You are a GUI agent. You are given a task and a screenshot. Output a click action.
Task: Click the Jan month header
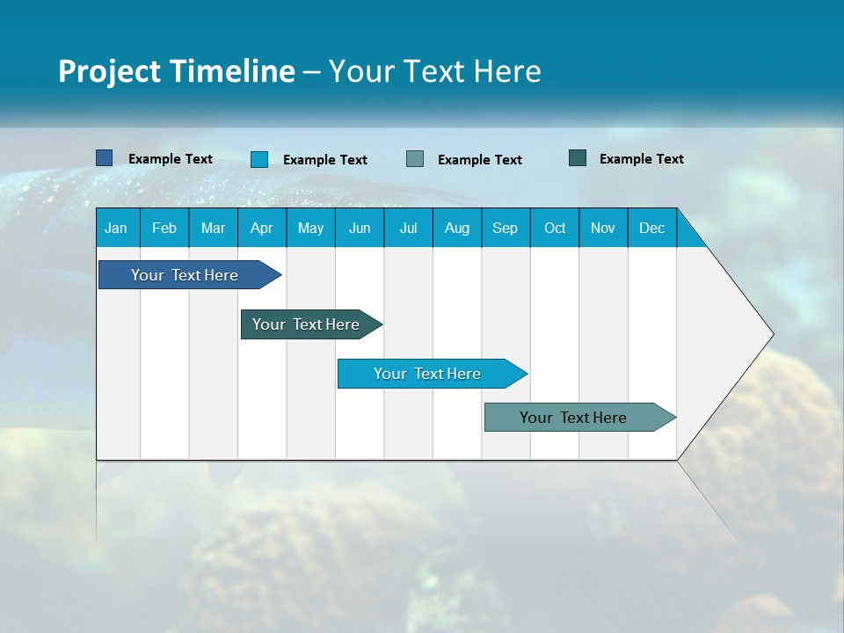116,229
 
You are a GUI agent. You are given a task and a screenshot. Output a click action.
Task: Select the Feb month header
164,229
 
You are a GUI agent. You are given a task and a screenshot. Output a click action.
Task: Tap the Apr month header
261,229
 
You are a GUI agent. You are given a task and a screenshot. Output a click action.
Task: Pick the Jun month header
360,229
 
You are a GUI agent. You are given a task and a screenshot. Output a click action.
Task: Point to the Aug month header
456,229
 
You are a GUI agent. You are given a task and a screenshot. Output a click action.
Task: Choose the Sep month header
505,229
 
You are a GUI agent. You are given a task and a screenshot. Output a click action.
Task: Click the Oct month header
555,229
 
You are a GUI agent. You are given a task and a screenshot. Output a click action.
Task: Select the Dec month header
651,229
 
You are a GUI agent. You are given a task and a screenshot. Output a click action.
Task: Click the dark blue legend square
105,158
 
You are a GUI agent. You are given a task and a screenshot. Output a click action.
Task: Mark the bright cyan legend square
259,159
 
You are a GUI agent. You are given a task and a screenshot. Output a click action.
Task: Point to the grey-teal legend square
415,159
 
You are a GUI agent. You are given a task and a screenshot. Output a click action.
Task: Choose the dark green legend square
578,158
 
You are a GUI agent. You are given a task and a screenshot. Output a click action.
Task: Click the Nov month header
603,229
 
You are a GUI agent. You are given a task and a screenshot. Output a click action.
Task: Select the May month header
310,229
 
